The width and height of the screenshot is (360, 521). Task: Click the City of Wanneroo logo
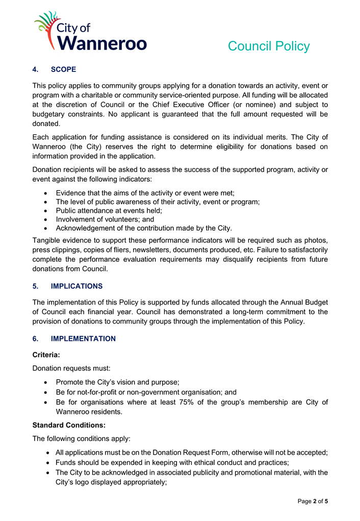tap(90, 32)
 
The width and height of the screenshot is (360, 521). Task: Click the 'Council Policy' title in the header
tap(268, 46)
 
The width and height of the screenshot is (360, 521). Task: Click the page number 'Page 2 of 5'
tap(313, 502)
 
